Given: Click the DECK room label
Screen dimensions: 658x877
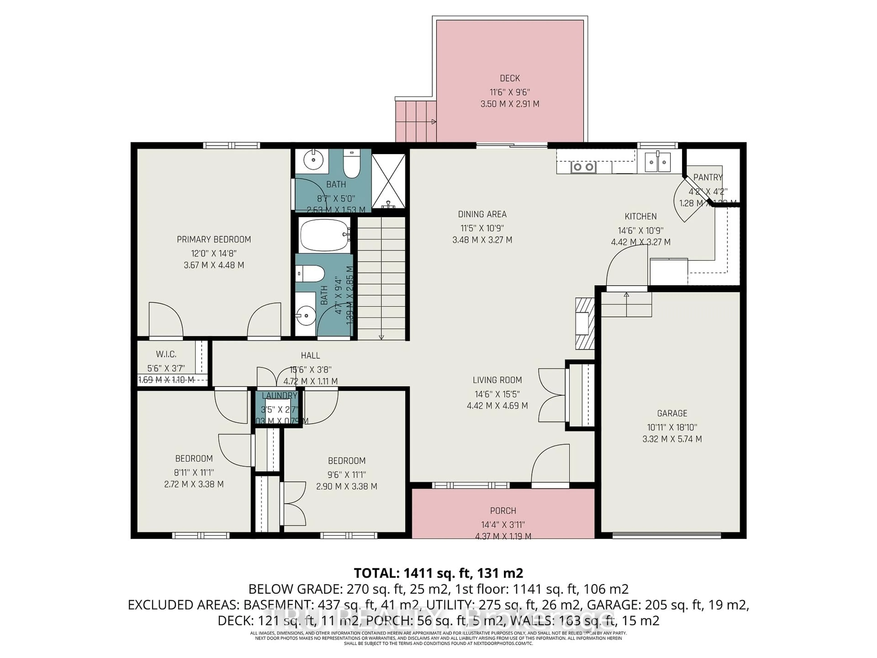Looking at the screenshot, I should pyautogui.click(x=510, y=79).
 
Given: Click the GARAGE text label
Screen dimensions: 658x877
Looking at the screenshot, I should pyautogui.click(x=672, y=413).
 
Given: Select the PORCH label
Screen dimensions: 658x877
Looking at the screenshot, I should pyautogui.click(x=503, y=511).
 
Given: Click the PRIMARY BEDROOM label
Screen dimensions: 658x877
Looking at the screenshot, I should pyautogui.click(x=214, y=240).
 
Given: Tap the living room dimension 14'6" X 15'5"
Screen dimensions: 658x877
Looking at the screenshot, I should pyautogui.click(x=497, y=394).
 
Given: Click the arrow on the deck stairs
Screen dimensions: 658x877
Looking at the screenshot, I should pyautogui.click(x=434, y=122).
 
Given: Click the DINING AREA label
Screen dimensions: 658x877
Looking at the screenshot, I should pyautogui.click(x=482, y=215).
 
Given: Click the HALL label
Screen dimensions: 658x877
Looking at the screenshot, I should pyautogui.click(x=310, y=356).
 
